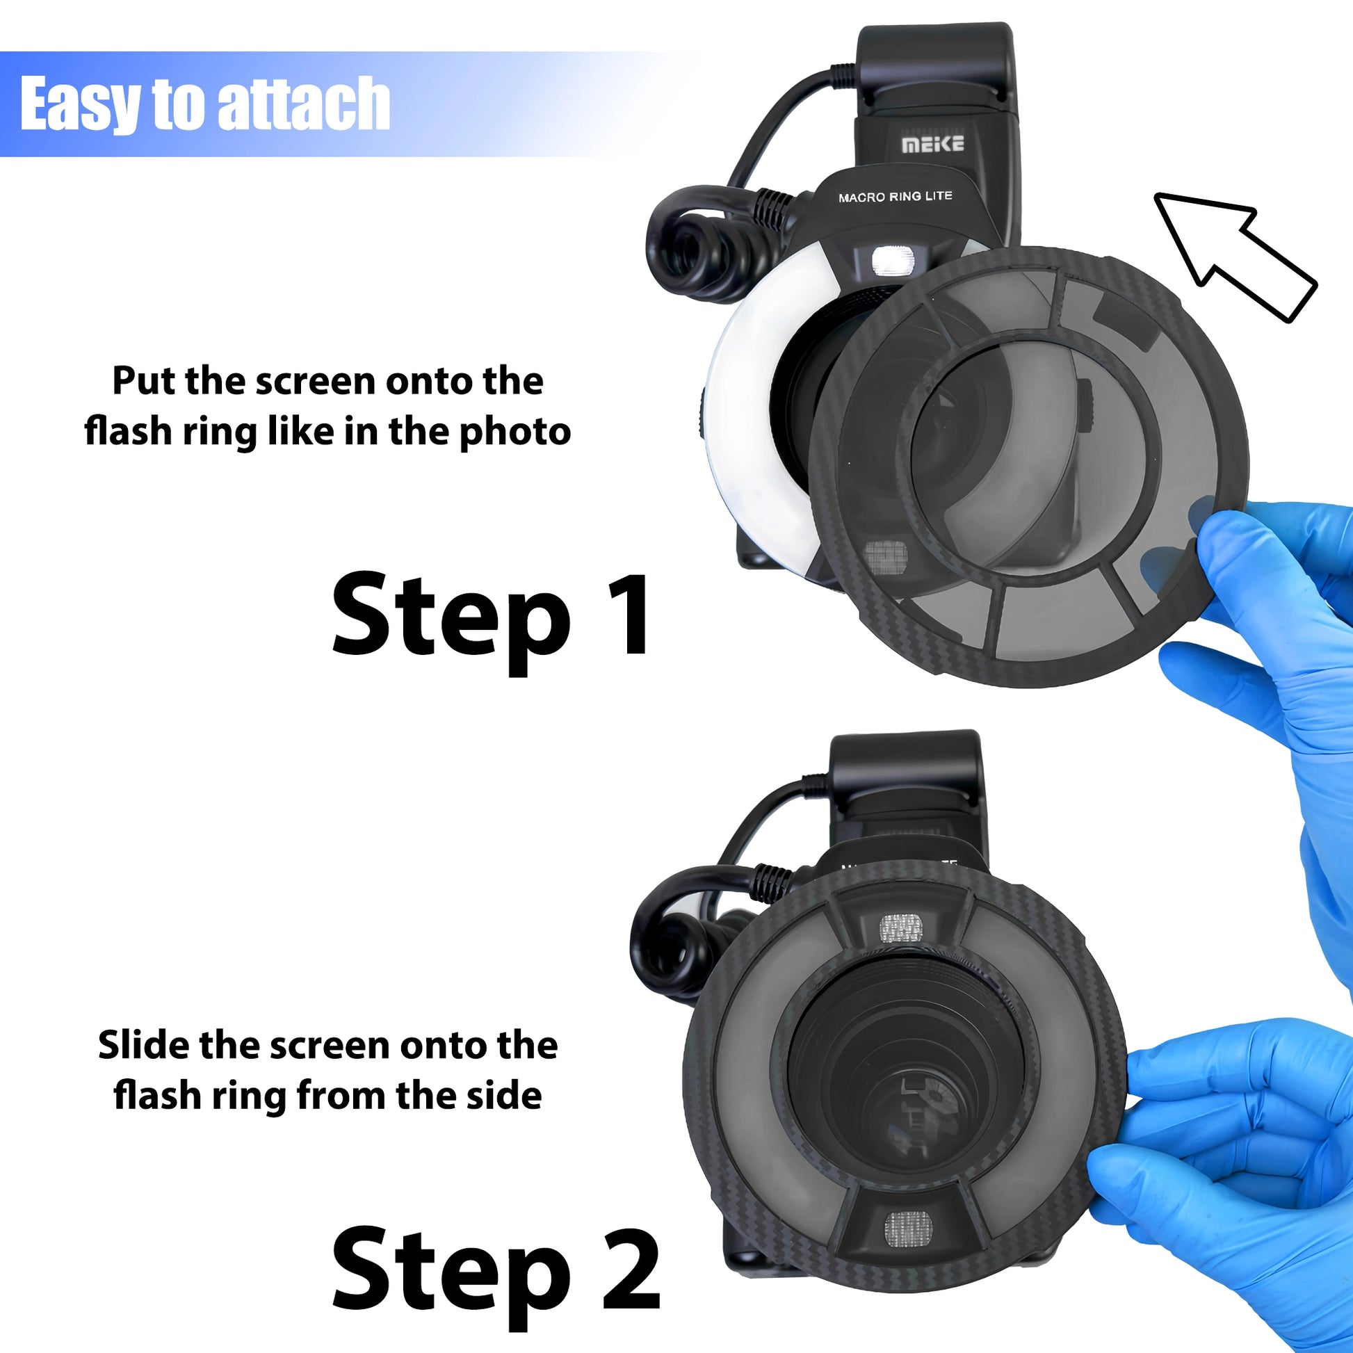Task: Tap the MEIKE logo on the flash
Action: coord(932,144)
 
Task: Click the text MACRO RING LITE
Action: coord(895,197)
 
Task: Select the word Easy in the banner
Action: coord(79,105)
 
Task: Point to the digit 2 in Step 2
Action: coord(631,1270)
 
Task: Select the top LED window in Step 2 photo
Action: coord(900,928)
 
